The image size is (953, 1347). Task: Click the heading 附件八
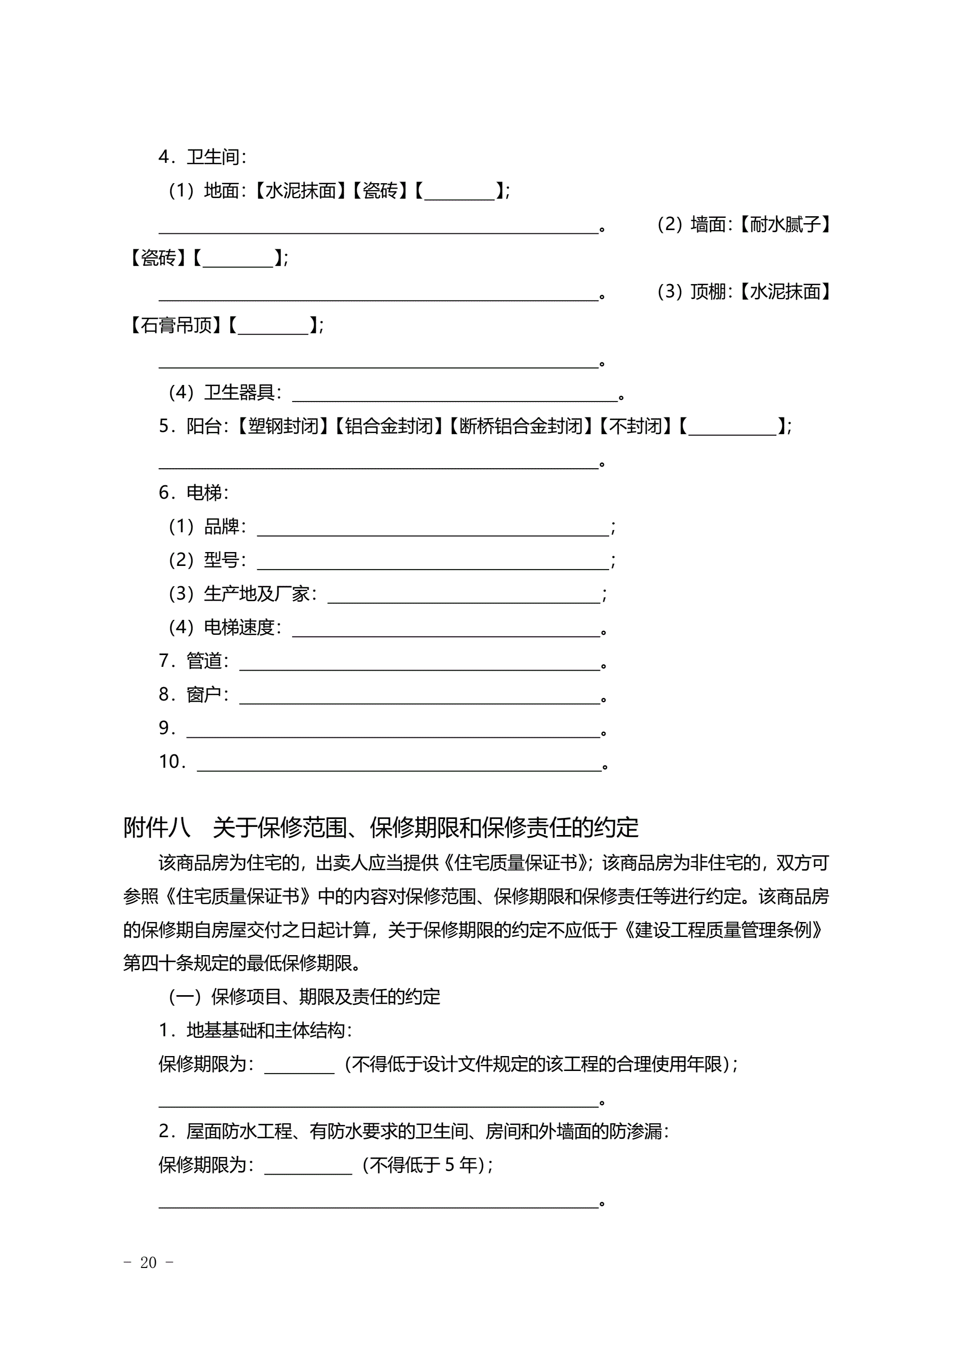point(156,828)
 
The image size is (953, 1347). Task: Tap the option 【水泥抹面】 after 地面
point(301,191)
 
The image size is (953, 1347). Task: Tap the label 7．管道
point(194,661)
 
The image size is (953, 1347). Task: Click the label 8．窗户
point(194,695)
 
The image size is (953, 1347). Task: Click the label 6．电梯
point(194,493)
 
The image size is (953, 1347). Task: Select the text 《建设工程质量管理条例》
point(723,930)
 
